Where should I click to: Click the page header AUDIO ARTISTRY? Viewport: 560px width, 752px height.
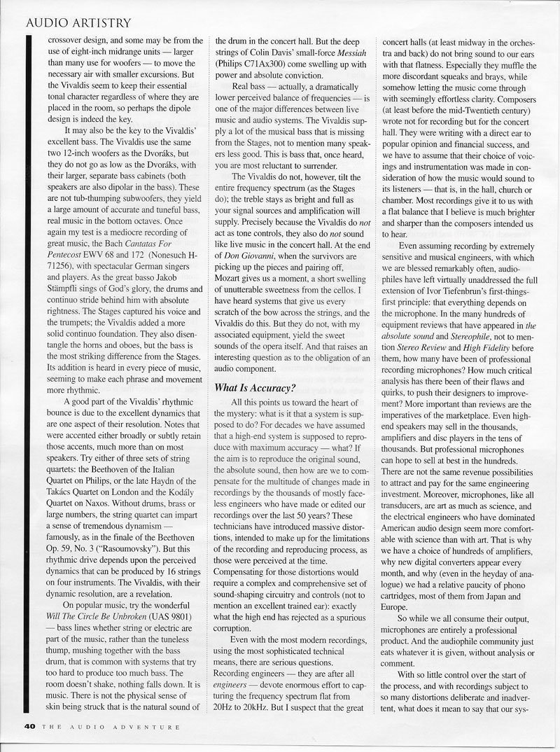(x=77, y=23)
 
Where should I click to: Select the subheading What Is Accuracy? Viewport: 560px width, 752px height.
(x=255, y=387)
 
